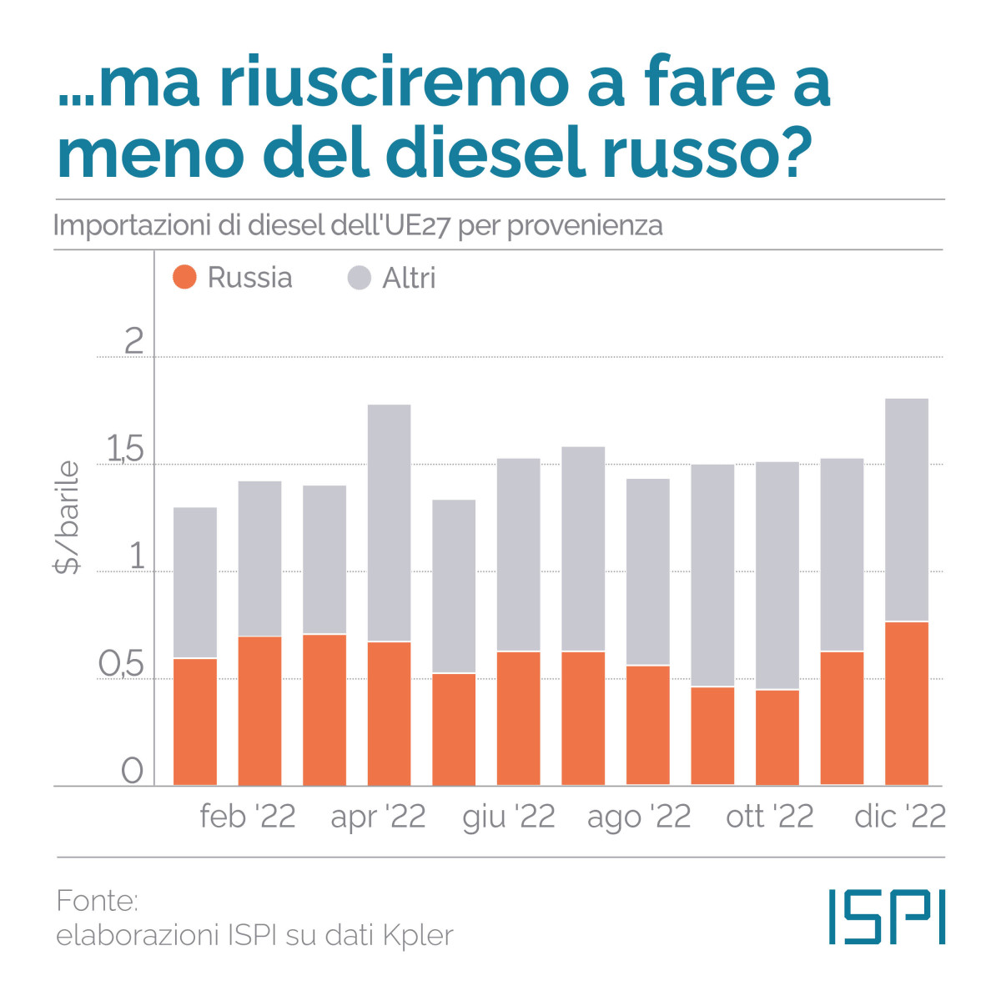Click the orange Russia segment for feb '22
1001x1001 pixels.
point(259,711)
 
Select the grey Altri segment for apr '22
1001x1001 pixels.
point(389,523)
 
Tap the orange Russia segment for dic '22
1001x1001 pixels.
point(907,703)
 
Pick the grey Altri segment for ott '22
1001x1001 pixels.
point(777,576)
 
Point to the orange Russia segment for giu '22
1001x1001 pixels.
point(518,718)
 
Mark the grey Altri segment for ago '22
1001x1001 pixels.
point(648,571)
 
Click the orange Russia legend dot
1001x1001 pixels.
point(184,277)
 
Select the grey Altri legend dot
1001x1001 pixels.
point(359,278)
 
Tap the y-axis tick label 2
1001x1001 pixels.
point(133,341)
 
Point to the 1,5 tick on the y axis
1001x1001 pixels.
point(125,450)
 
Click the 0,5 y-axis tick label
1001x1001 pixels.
point(122,665)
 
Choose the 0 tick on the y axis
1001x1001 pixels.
point(133,771)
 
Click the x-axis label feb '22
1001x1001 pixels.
point(248,817)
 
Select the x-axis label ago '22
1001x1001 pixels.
point(639,817)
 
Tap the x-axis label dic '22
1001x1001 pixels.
point(900,817)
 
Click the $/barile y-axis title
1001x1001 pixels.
point(67,517)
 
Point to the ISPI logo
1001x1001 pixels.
point(887,917)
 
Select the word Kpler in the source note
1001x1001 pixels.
point(418,935)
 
